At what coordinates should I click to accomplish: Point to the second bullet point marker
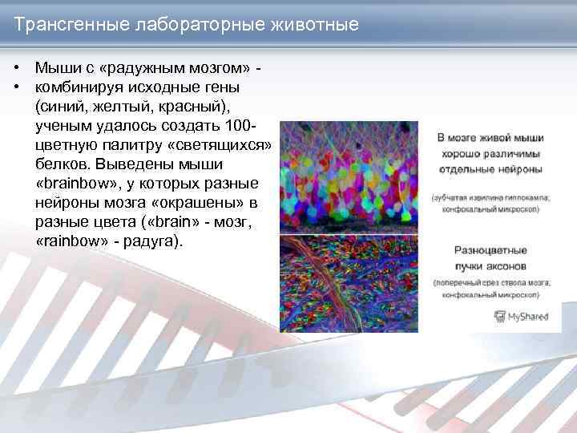point(17,86)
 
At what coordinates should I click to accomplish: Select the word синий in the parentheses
point(66,106)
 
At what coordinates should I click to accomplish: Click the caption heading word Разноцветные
point(490,249)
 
